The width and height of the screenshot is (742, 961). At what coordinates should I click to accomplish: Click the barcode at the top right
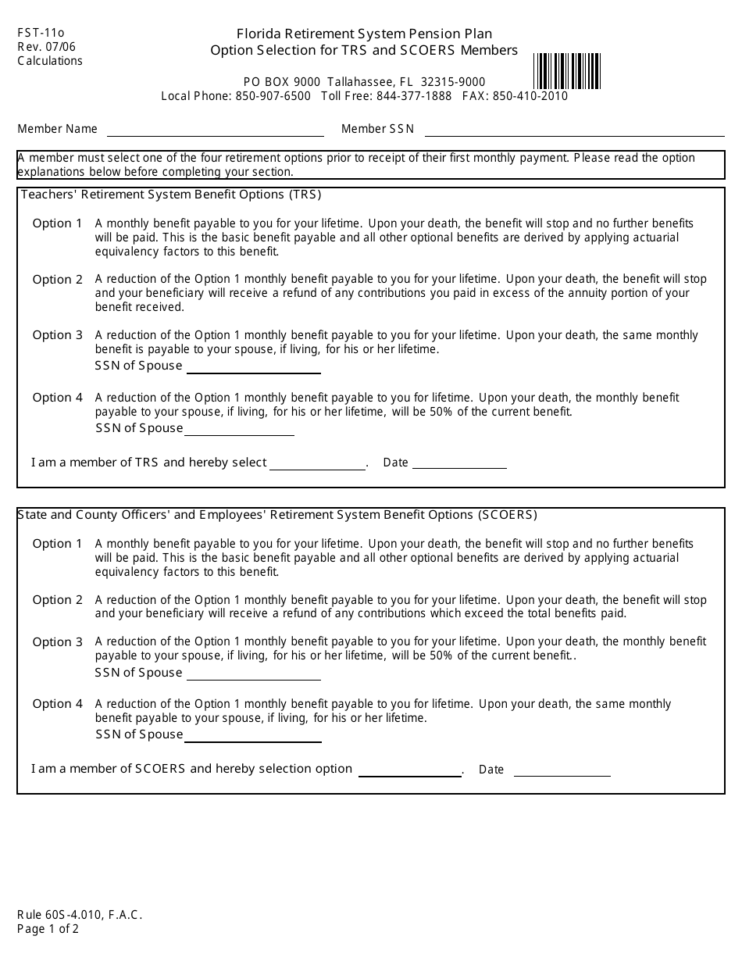567,72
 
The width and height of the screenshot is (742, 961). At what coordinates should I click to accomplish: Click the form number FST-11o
41,33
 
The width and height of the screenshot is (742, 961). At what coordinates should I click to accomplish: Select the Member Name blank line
215,130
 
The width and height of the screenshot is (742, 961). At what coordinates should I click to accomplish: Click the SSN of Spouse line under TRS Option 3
254,367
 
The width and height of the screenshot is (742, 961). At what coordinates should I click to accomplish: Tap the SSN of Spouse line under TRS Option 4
239,429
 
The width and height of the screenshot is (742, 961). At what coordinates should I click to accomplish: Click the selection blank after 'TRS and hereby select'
318,463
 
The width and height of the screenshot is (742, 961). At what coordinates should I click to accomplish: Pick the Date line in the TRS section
459,463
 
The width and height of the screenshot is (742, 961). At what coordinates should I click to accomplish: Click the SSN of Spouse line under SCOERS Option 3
254,673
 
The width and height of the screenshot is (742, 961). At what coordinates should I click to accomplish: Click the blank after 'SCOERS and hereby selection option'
409,770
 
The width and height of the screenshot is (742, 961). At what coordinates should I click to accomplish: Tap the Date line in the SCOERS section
562,770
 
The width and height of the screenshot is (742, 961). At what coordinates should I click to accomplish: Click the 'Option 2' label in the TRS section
58,280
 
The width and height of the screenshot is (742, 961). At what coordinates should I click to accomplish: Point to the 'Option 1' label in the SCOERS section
58,544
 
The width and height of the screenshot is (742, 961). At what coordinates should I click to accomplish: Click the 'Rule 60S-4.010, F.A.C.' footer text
80,915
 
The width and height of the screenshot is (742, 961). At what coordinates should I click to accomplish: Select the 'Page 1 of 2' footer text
48,929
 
